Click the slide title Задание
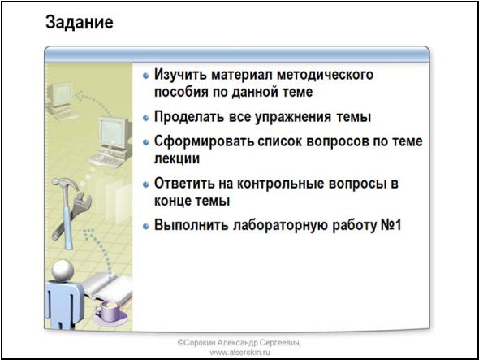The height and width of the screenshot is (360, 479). tap(80, 23)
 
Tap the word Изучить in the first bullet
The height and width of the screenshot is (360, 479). tap(180, 75)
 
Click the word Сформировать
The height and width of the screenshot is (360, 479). tap(204, 141)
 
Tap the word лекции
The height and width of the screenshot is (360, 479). tap(177, 158)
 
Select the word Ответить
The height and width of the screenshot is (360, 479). tap(184, 184)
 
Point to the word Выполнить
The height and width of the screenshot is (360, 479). tap(192, 225)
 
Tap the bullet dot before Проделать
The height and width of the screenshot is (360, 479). tap(146, 118)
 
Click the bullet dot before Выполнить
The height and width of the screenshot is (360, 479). tap(146, 226)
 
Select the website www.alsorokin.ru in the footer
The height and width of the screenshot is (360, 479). tap(239, 353)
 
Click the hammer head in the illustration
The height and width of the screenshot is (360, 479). tap(65, 184)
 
